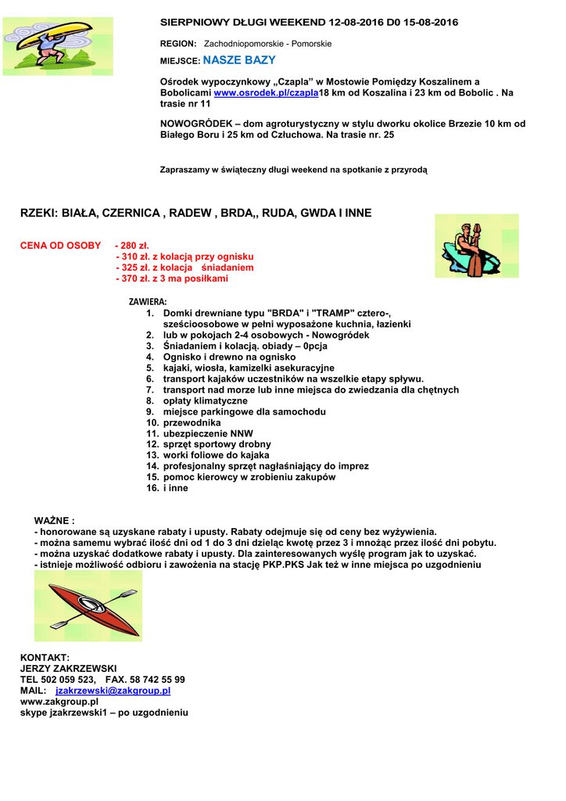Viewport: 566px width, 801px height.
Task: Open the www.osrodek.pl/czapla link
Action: tap(266, 92)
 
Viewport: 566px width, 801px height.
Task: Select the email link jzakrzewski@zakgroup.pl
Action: tap(113, 691)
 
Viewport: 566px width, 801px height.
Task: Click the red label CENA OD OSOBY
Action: tap(60, 246)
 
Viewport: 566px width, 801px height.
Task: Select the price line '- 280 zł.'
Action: tap(132, 246)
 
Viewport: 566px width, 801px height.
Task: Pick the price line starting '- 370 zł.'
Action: tap(171, 278)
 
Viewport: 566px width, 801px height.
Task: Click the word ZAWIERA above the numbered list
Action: tap(147, 301)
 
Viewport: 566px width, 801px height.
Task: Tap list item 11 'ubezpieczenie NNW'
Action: tap(208, 433)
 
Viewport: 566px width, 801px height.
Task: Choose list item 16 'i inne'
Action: tap(175, 488)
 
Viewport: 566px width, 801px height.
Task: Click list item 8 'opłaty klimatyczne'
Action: tap(205, 400)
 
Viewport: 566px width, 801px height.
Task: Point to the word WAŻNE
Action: tap(54, 520)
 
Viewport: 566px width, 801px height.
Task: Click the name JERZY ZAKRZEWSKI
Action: tap(68, 669)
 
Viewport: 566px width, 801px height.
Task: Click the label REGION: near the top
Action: tap(178, 44)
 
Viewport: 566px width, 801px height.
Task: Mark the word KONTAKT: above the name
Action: tap(45, 658)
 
